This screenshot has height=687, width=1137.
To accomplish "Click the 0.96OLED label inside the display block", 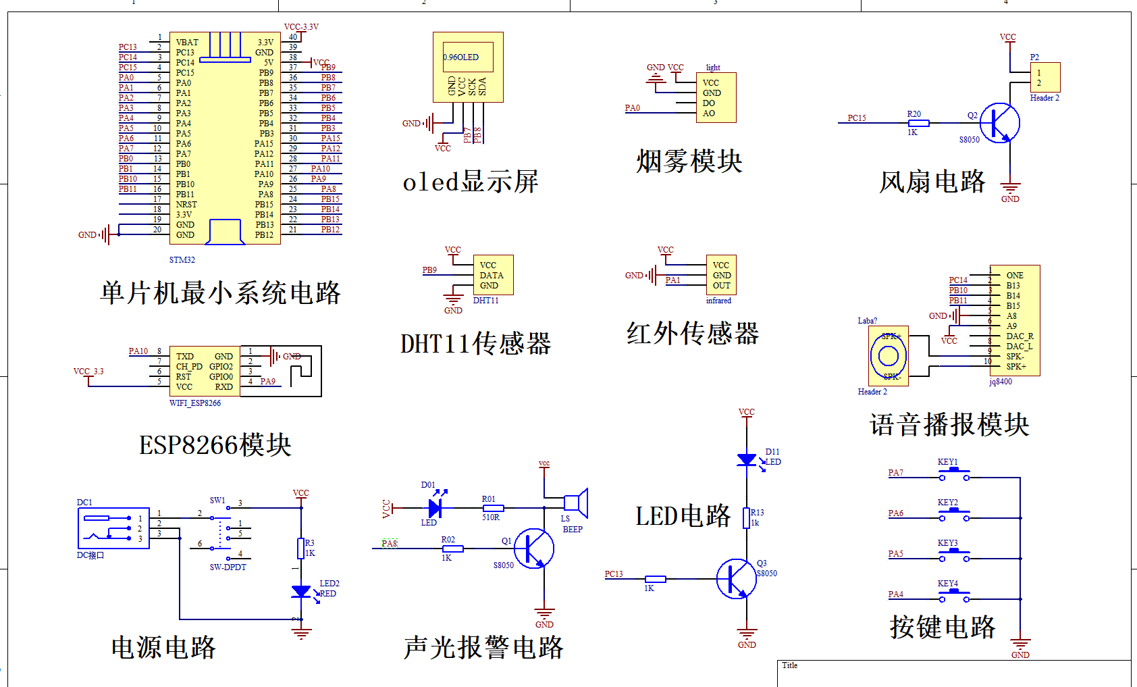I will pyautogui.click(x=461, y=57).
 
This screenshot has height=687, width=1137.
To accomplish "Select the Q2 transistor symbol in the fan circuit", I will pyautogui.click(x=999, y=123).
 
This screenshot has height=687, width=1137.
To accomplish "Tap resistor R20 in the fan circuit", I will pyautogui.click(x=918, y=123).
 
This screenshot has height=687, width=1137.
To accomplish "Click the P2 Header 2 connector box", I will pyautogui.click(x=1045, y=78).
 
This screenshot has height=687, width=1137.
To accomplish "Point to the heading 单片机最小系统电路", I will pyautogui.click(x=220, y=293).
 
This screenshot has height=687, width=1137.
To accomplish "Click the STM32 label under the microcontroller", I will pyautogui.click(x=182, y=260).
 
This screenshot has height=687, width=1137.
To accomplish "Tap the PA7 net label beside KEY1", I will pyautogui.click(x=895, y=473).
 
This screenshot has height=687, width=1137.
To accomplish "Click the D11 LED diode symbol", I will pyautogui.click(x=747, y=460).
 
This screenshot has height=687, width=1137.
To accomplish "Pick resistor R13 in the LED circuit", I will pyautogui.click(x=746, y=518).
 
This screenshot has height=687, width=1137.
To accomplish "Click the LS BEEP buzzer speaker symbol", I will pyautogui.click(x=576, y=503).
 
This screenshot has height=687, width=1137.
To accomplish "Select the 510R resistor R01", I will pyautogui.click(x=493, y=508).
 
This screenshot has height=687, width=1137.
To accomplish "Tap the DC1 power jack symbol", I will pyautogui.click(x=113, y=528).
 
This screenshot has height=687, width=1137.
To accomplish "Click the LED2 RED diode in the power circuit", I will pyautogui.click(x=301, y=592).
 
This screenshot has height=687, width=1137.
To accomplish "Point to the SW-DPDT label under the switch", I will pyautogui.click(x=228, y=567).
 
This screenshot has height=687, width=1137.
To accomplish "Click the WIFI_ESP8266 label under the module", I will pyautogui.click(x=194, y=403).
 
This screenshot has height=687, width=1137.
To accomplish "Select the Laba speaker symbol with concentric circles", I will pyautogui.click(x=888, y=356).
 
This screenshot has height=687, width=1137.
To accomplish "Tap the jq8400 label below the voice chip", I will pyautogui.click(x=1001, y=382).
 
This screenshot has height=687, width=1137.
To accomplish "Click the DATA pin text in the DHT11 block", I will pyautogui.click(x=491, y=276).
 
